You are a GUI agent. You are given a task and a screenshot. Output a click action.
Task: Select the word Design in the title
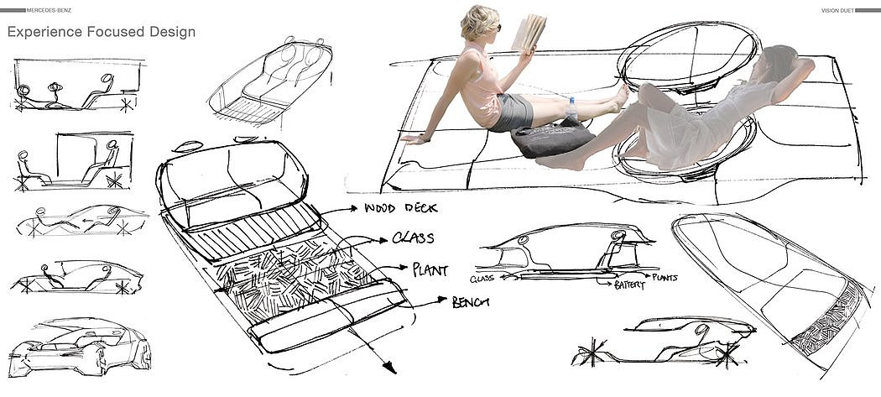(x=172, y=32)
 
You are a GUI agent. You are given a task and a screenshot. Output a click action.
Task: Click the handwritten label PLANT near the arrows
(x=430, y=271)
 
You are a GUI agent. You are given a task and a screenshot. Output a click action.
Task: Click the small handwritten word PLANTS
(x=663, y=277)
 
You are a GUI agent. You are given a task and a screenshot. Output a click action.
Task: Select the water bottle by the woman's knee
(x=571, y=110)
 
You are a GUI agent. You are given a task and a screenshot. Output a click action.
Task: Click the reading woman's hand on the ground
(x=411, y=138)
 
